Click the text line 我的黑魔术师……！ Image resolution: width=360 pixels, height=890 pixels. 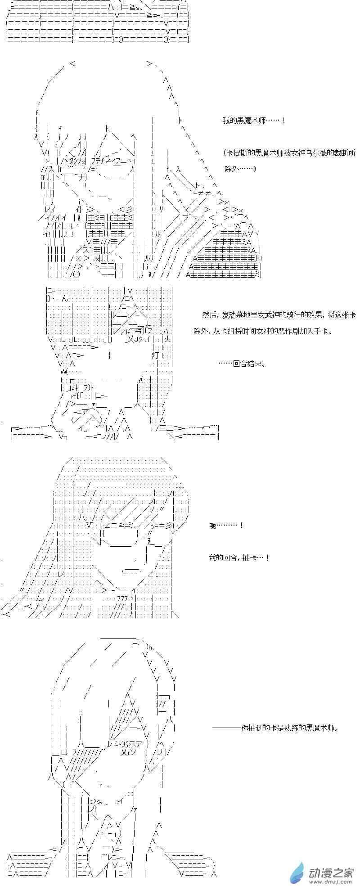pos(254,121)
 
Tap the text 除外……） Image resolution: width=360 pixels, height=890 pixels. pos(240,169)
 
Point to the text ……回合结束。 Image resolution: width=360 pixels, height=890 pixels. pos(242,364)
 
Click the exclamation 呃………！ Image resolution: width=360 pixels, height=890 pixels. pos(226,526)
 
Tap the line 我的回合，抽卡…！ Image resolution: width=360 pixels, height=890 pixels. pos(239,558)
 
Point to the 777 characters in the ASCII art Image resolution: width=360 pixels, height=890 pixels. pos(122,598)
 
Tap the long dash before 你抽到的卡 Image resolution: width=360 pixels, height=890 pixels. pos(227,728)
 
